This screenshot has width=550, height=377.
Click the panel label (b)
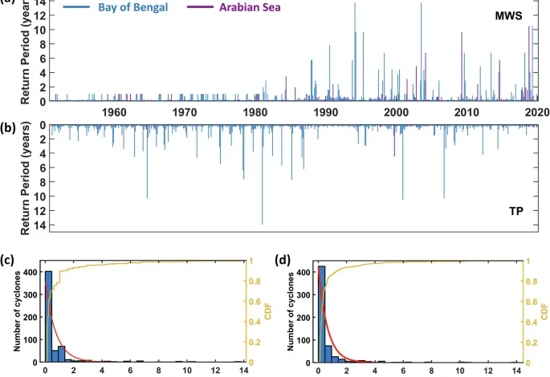coord(7,127)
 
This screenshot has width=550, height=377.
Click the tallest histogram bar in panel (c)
coord(48,317)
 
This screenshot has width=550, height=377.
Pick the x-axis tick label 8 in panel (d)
coord(434,371)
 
